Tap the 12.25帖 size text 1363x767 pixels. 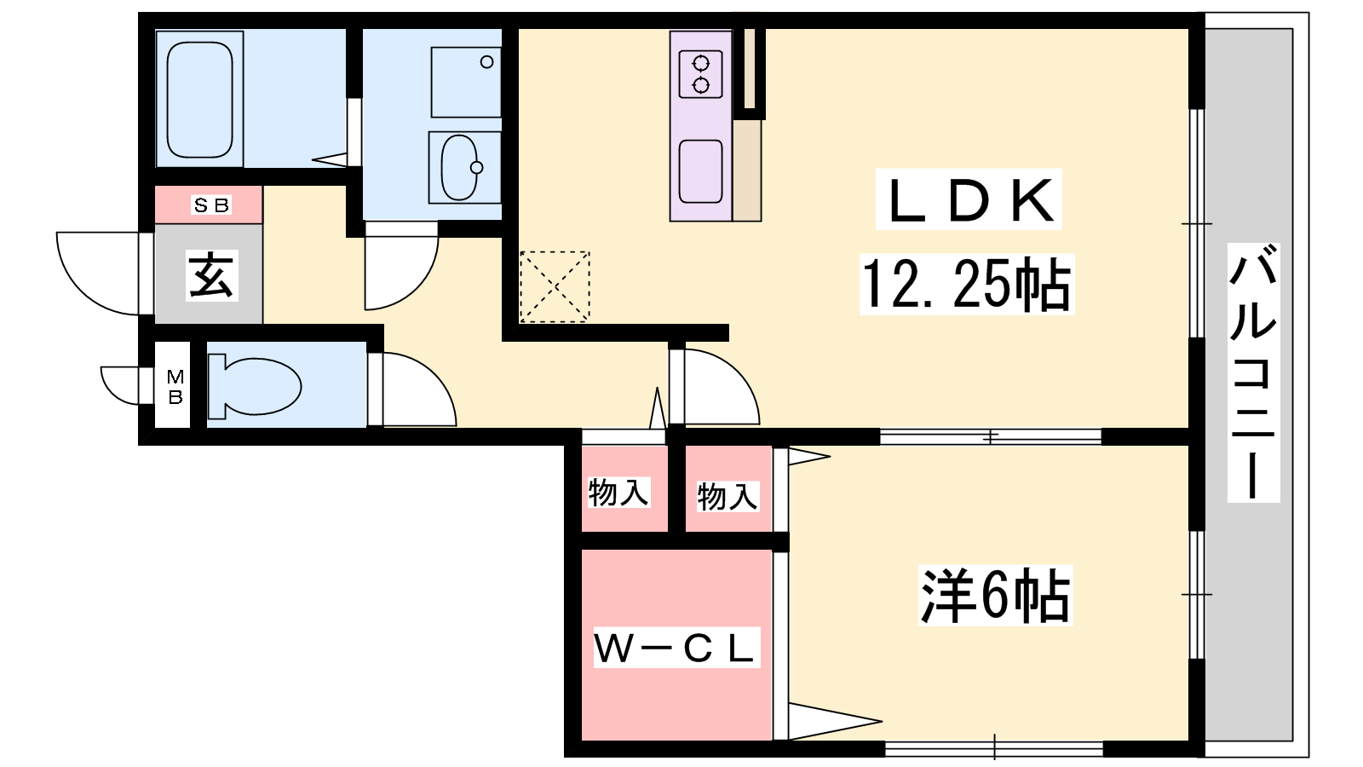966,285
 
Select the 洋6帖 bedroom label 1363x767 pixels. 995,596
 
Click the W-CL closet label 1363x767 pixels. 676,648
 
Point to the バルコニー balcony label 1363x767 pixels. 1253,372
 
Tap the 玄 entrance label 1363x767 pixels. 210,276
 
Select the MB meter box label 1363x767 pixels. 175,386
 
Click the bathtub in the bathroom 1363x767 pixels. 199,99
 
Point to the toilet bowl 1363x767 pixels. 255,387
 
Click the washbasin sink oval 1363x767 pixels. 461,167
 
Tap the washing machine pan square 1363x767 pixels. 466,82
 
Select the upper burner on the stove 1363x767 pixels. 701,63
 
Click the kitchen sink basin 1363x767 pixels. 700,171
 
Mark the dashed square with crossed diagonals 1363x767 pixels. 555,286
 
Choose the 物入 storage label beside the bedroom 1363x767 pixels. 728,496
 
